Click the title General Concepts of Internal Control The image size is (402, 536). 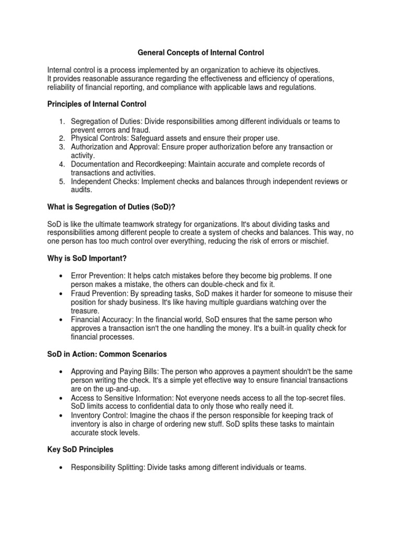pyautogui.click(x=200, y=53)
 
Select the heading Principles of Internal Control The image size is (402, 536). pyautogui.click(x=97, y=104)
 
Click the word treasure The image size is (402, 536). pyautogui.click(x=84, y=310)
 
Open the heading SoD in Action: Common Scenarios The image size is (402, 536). pyautogui.click(x=107, y=354)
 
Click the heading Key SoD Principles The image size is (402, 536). pyautogui.click(x=81, y=450)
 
